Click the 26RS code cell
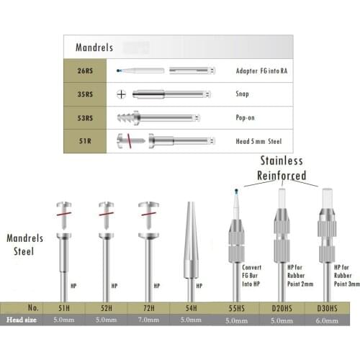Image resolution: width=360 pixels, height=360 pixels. [85, 71]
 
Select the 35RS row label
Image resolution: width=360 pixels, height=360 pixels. [85, 94]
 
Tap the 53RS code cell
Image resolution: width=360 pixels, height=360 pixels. [85, 118]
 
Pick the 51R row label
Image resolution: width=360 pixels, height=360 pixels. [85, 141]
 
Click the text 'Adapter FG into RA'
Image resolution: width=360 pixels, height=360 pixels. [261, 71]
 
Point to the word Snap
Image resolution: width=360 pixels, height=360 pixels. [242, 94]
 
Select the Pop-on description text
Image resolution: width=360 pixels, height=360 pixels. [245, 117]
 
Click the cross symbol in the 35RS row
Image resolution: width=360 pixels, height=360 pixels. [121, 94]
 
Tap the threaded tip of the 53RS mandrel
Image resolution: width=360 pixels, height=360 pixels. [126, 118]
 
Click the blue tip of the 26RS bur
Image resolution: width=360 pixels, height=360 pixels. [118, 71]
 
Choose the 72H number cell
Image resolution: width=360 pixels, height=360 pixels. [149, 308]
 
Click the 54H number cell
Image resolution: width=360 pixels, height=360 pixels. [191, 308]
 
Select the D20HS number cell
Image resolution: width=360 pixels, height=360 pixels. [282, 308]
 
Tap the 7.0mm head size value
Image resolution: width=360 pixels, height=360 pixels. [148, 320]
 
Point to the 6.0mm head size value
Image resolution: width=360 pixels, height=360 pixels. [327, 320]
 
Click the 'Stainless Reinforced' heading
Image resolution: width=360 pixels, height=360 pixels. [282, 168]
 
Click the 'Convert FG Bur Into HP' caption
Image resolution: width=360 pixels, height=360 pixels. [251, 276]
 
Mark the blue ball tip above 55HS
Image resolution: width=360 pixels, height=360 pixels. [237, 191]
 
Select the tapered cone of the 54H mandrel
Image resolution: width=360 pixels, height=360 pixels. [191, 240]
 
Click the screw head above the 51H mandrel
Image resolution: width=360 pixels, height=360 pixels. [64, 204]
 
